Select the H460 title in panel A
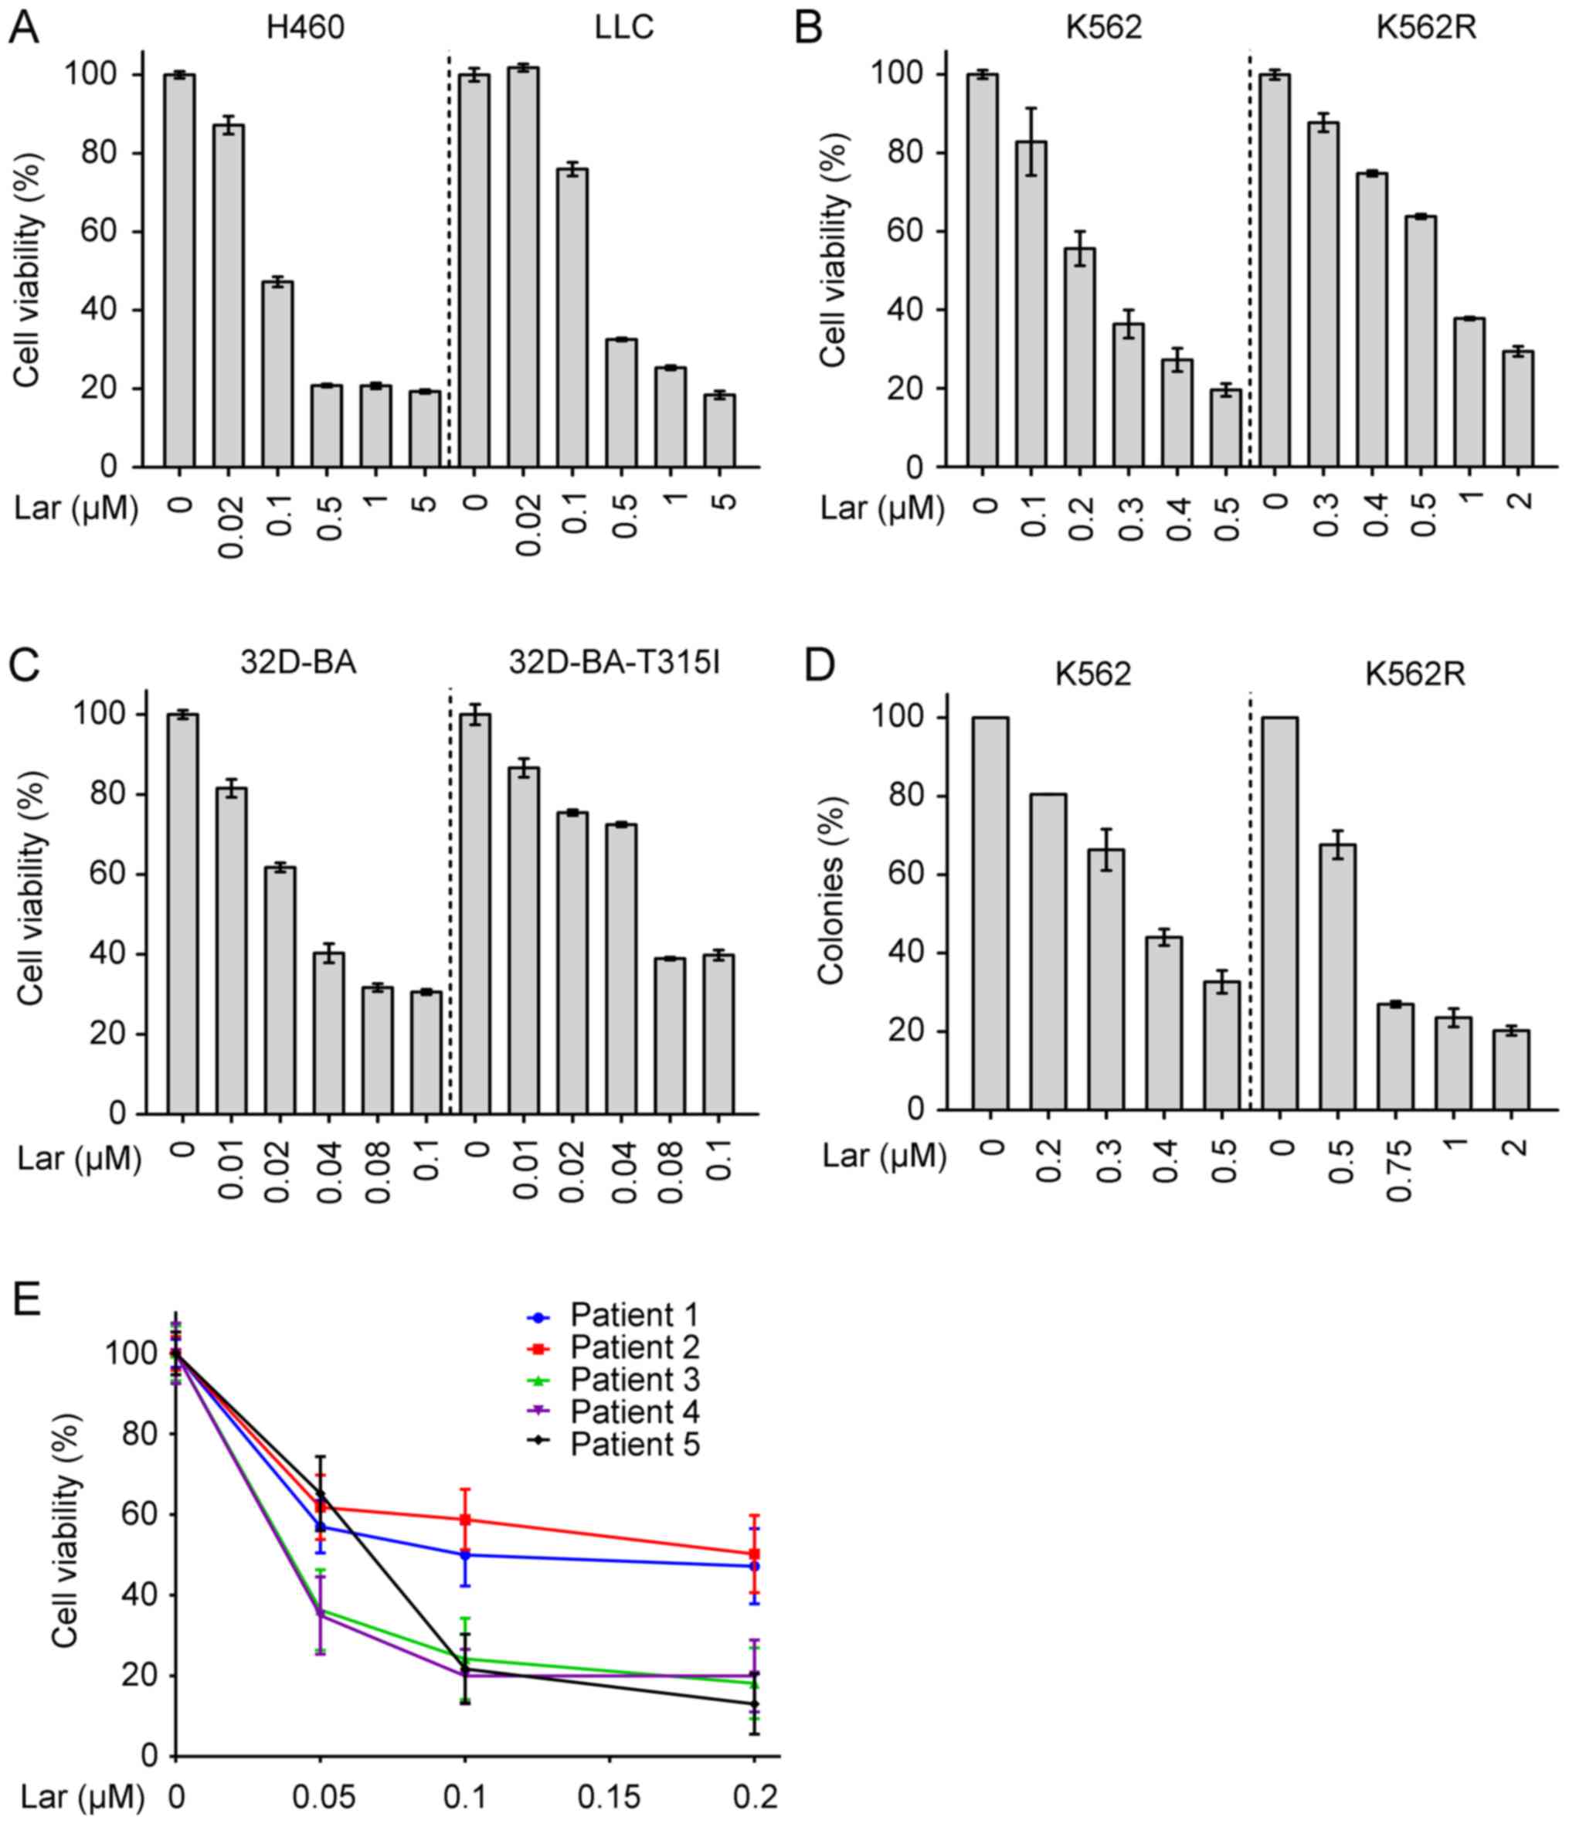tap(305, 27)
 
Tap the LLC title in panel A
tap(623, 27)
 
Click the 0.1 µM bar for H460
tap(277, 374)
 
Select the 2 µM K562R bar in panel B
tap(1518, 409)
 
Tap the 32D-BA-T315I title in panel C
tap(613, 662)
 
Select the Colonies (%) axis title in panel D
tap(831, 890)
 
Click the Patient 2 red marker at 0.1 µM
tap(465, 1520)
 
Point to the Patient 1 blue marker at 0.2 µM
tap(754, 1566)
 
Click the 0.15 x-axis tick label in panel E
tap(609, 1797)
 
